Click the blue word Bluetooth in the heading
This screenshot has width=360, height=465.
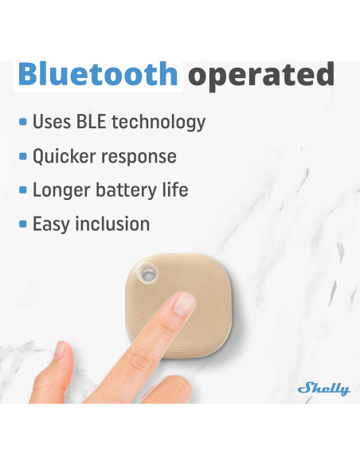pyautogui.click(x=97, y=74)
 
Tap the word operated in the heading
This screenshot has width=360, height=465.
pyautogui.click(x=260, y=74)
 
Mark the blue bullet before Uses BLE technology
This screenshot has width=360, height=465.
pyautogui.click(x=23, y=123)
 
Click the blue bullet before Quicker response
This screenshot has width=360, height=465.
pyautogui.click(x=23, y=157)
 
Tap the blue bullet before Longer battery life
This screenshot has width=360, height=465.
pyautogui.click(x=23, y=191)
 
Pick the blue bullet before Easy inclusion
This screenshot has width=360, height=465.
pyautogui.click(x=23, y=225)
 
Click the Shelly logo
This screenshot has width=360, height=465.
pyautogui.click(x=323, y=389)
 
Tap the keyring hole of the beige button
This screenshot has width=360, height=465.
pyautogui.click(x=147, y=275)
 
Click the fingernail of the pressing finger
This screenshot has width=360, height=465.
pyautogui.click(x=183, y=303)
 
